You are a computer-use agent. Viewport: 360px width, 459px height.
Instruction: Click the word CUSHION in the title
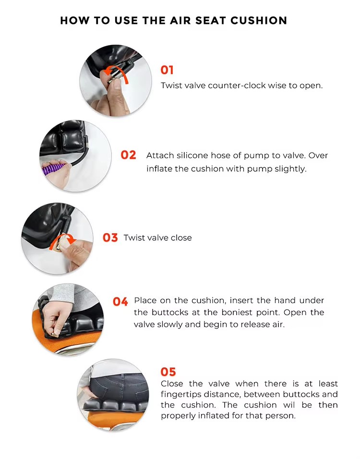pos(259,21)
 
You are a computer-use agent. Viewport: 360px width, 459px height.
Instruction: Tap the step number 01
pos(167,70)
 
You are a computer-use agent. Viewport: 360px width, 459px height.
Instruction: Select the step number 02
pos(128,155)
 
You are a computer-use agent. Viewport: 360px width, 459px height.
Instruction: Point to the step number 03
pos(110,237)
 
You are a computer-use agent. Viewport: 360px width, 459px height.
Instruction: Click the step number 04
pos(120,302)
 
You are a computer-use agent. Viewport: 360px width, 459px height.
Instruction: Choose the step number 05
pos(168,372)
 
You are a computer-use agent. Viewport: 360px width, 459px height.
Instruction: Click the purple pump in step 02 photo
pos(54,169)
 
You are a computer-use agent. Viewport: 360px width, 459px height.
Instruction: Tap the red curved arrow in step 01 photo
pos(117,73)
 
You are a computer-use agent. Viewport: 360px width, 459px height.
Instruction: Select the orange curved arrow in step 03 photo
pos(63,242)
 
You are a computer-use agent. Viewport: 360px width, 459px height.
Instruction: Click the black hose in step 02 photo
pos(82,154)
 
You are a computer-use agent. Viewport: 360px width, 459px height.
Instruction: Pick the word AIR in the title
pos(180,21)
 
